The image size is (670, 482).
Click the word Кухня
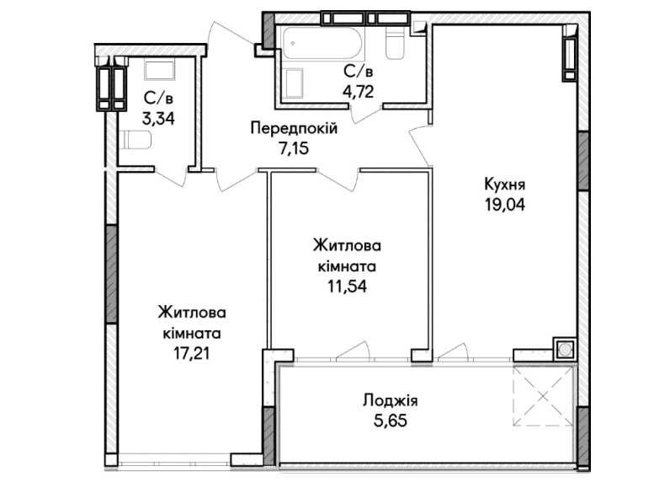click(x=505, y=185)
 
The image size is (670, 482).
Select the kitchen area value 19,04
click(x=505, y=205)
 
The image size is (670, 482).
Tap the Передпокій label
click(x=294, y=128)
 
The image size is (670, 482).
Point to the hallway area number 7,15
click(x=294, y=149)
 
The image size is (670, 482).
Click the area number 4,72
click(x=358, y=92)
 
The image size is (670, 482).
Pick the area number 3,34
click(x=158, y=119)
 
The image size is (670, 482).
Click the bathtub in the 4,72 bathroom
click(x=322, y=43)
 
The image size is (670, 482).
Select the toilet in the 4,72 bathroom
click(x=395, y=43)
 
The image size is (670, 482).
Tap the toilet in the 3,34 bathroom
click(x=136, y=140)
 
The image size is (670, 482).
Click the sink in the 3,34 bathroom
click(x=159, y=70)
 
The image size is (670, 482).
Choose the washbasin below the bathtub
click(x=294, y=83)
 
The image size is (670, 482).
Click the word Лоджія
click(x=390, y=402)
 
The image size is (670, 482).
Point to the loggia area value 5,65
click(x=390, y=420)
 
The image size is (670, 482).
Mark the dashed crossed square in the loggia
click(x=543, y=396)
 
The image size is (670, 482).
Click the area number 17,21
click(x=192, y=354)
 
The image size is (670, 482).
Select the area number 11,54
click(x=347, y=287)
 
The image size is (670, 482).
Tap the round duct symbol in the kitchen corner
click(x=565, y=350)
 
